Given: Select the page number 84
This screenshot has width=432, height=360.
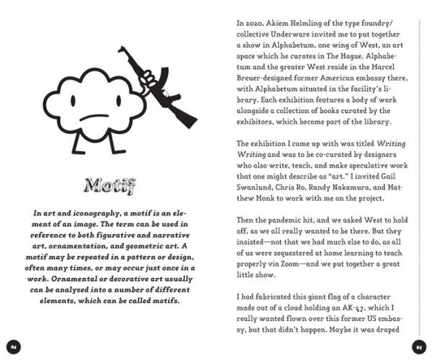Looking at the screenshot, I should tap(14, 347).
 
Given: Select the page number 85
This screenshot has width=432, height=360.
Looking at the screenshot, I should tap(417, 347).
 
